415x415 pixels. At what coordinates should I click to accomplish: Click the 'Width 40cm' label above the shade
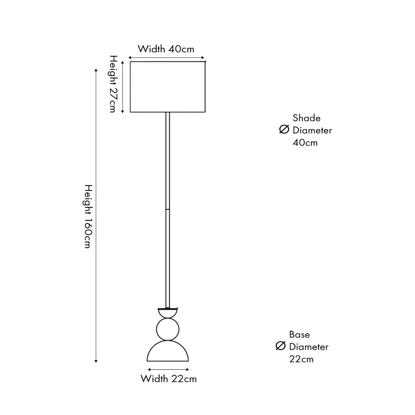pyautogui.click(x=166, y=49)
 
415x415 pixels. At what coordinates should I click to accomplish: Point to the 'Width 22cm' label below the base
pyautogui.click(x=168, y=378)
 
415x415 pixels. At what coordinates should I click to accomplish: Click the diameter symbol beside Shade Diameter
pyautogui.click(x=284, y=129)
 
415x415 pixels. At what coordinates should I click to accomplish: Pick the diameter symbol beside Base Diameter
pyautogui.click(x=281, y=346)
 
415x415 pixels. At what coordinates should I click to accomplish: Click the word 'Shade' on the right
pyautogui.click(x=307, y=118)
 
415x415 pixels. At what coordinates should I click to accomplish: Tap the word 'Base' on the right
pyautogui.click(x=299, y=334)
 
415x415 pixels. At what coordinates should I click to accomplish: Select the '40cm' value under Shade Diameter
pyautogui.click(x=305, y=143)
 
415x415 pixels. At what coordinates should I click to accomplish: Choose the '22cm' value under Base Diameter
pyautogui.click(x=301, y=359)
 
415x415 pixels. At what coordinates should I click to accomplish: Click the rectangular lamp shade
pyautogui.click(x=168, y=87)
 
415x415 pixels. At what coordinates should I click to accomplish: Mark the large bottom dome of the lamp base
pyautogui.click(x=168, y=353)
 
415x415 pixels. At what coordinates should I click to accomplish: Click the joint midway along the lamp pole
pyautogui.click(x=168, y=209)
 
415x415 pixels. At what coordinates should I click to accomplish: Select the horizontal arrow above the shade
pyautogui.click(x=167, y=58)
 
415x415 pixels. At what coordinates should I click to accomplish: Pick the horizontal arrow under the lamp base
pyautogui.click(x=168, y=370)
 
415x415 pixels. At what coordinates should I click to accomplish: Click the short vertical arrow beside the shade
pyautogui.click(x=123, y=87)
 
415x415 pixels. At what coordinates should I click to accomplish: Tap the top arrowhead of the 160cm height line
pyautogui.click(x=96, y=70)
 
